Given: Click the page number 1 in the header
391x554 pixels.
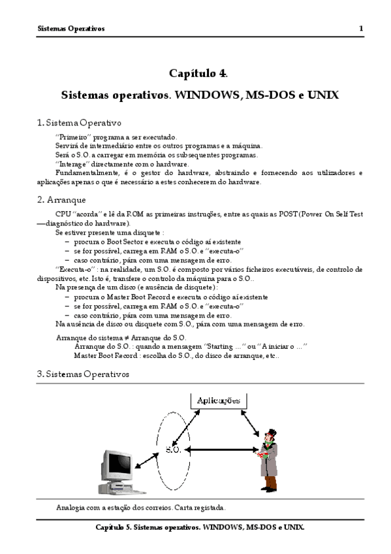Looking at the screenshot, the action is (361, 29).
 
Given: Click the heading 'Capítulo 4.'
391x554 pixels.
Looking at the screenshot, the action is (198, 73).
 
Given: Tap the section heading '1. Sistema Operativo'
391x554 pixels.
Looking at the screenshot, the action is (79, 123).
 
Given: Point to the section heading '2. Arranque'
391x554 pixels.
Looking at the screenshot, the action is (61, 200).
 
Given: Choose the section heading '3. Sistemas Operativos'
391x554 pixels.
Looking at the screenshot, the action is (83, 374).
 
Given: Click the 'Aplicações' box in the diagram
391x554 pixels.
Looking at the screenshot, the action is (219, 400).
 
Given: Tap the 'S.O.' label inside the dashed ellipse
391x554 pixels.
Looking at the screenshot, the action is (173, 449).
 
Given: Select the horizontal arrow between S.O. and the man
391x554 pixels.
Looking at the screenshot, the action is (222, 449).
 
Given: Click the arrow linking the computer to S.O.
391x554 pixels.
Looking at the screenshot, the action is (147, 461).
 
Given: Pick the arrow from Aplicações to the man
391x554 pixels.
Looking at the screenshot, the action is (250, 423).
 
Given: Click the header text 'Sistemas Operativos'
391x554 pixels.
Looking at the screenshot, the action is (71, 29).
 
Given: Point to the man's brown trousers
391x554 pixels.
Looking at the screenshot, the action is (271, 482).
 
